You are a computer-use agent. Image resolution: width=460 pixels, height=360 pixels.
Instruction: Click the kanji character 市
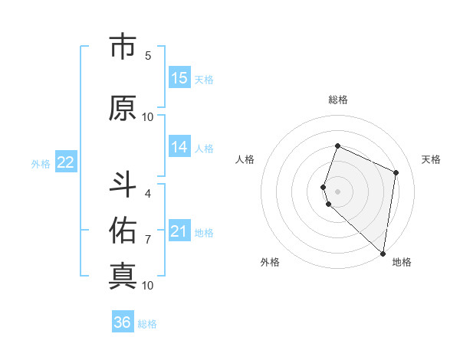(x=123, y=48)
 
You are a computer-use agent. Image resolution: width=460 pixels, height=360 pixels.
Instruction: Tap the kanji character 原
(x=123, y=108)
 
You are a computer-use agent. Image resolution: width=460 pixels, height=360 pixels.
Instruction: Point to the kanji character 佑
(x=123, y=230)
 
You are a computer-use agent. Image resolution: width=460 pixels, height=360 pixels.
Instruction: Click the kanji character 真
(x=123, y=276)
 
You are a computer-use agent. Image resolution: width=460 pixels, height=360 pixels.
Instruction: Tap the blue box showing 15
(x=179, y=78)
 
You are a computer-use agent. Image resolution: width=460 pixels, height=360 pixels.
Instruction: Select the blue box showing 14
(x=179, y=147)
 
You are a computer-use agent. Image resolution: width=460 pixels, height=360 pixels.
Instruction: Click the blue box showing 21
(x=179, y=231)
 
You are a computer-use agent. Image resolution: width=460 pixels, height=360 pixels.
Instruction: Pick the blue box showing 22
(x=66, y=162)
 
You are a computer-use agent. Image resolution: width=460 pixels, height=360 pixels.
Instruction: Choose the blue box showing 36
(x=123, y=322)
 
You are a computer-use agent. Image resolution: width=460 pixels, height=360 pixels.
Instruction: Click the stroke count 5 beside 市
(x=147, y=56)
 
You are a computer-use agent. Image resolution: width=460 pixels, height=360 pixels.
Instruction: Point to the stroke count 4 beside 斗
(x=147, y=193)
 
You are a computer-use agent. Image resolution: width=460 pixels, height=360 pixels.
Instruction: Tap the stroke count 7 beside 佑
(x=147, y=240)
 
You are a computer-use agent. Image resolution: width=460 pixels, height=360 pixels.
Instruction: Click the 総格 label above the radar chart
(x=338, y=100)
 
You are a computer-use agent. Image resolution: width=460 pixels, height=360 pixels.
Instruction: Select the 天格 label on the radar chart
(x=431, y=159)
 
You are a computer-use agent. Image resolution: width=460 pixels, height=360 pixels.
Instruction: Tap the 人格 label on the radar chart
(x=245, y=159)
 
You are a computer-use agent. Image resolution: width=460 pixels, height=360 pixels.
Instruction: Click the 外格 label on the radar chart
(x=269, y=262)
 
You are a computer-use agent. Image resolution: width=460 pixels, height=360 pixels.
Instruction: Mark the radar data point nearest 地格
(x=383, y=254)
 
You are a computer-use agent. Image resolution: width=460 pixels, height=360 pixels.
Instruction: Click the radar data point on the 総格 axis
(x=337, y=146)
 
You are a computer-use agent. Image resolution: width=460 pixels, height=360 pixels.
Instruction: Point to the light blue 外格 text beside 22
(x=40, y=163)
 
